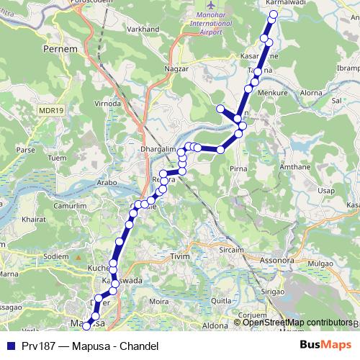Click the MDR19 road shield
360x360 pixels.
click(x=51, y=109)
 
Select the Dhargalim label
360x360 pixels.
click(x=158, y=149)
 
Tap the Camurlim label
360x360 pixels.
click(x=59, y=206)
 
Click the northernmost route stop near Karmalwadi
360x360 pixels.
click(x=273, y=15)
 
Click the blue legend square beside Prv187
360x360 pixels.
click(x=10, y=346)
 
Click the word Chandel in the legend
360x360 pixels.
click(x=136, y=346)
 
